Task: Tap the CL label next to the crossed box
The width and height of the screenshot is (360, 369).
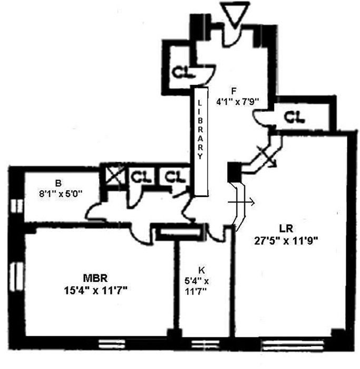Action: [x=141, y=176]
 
